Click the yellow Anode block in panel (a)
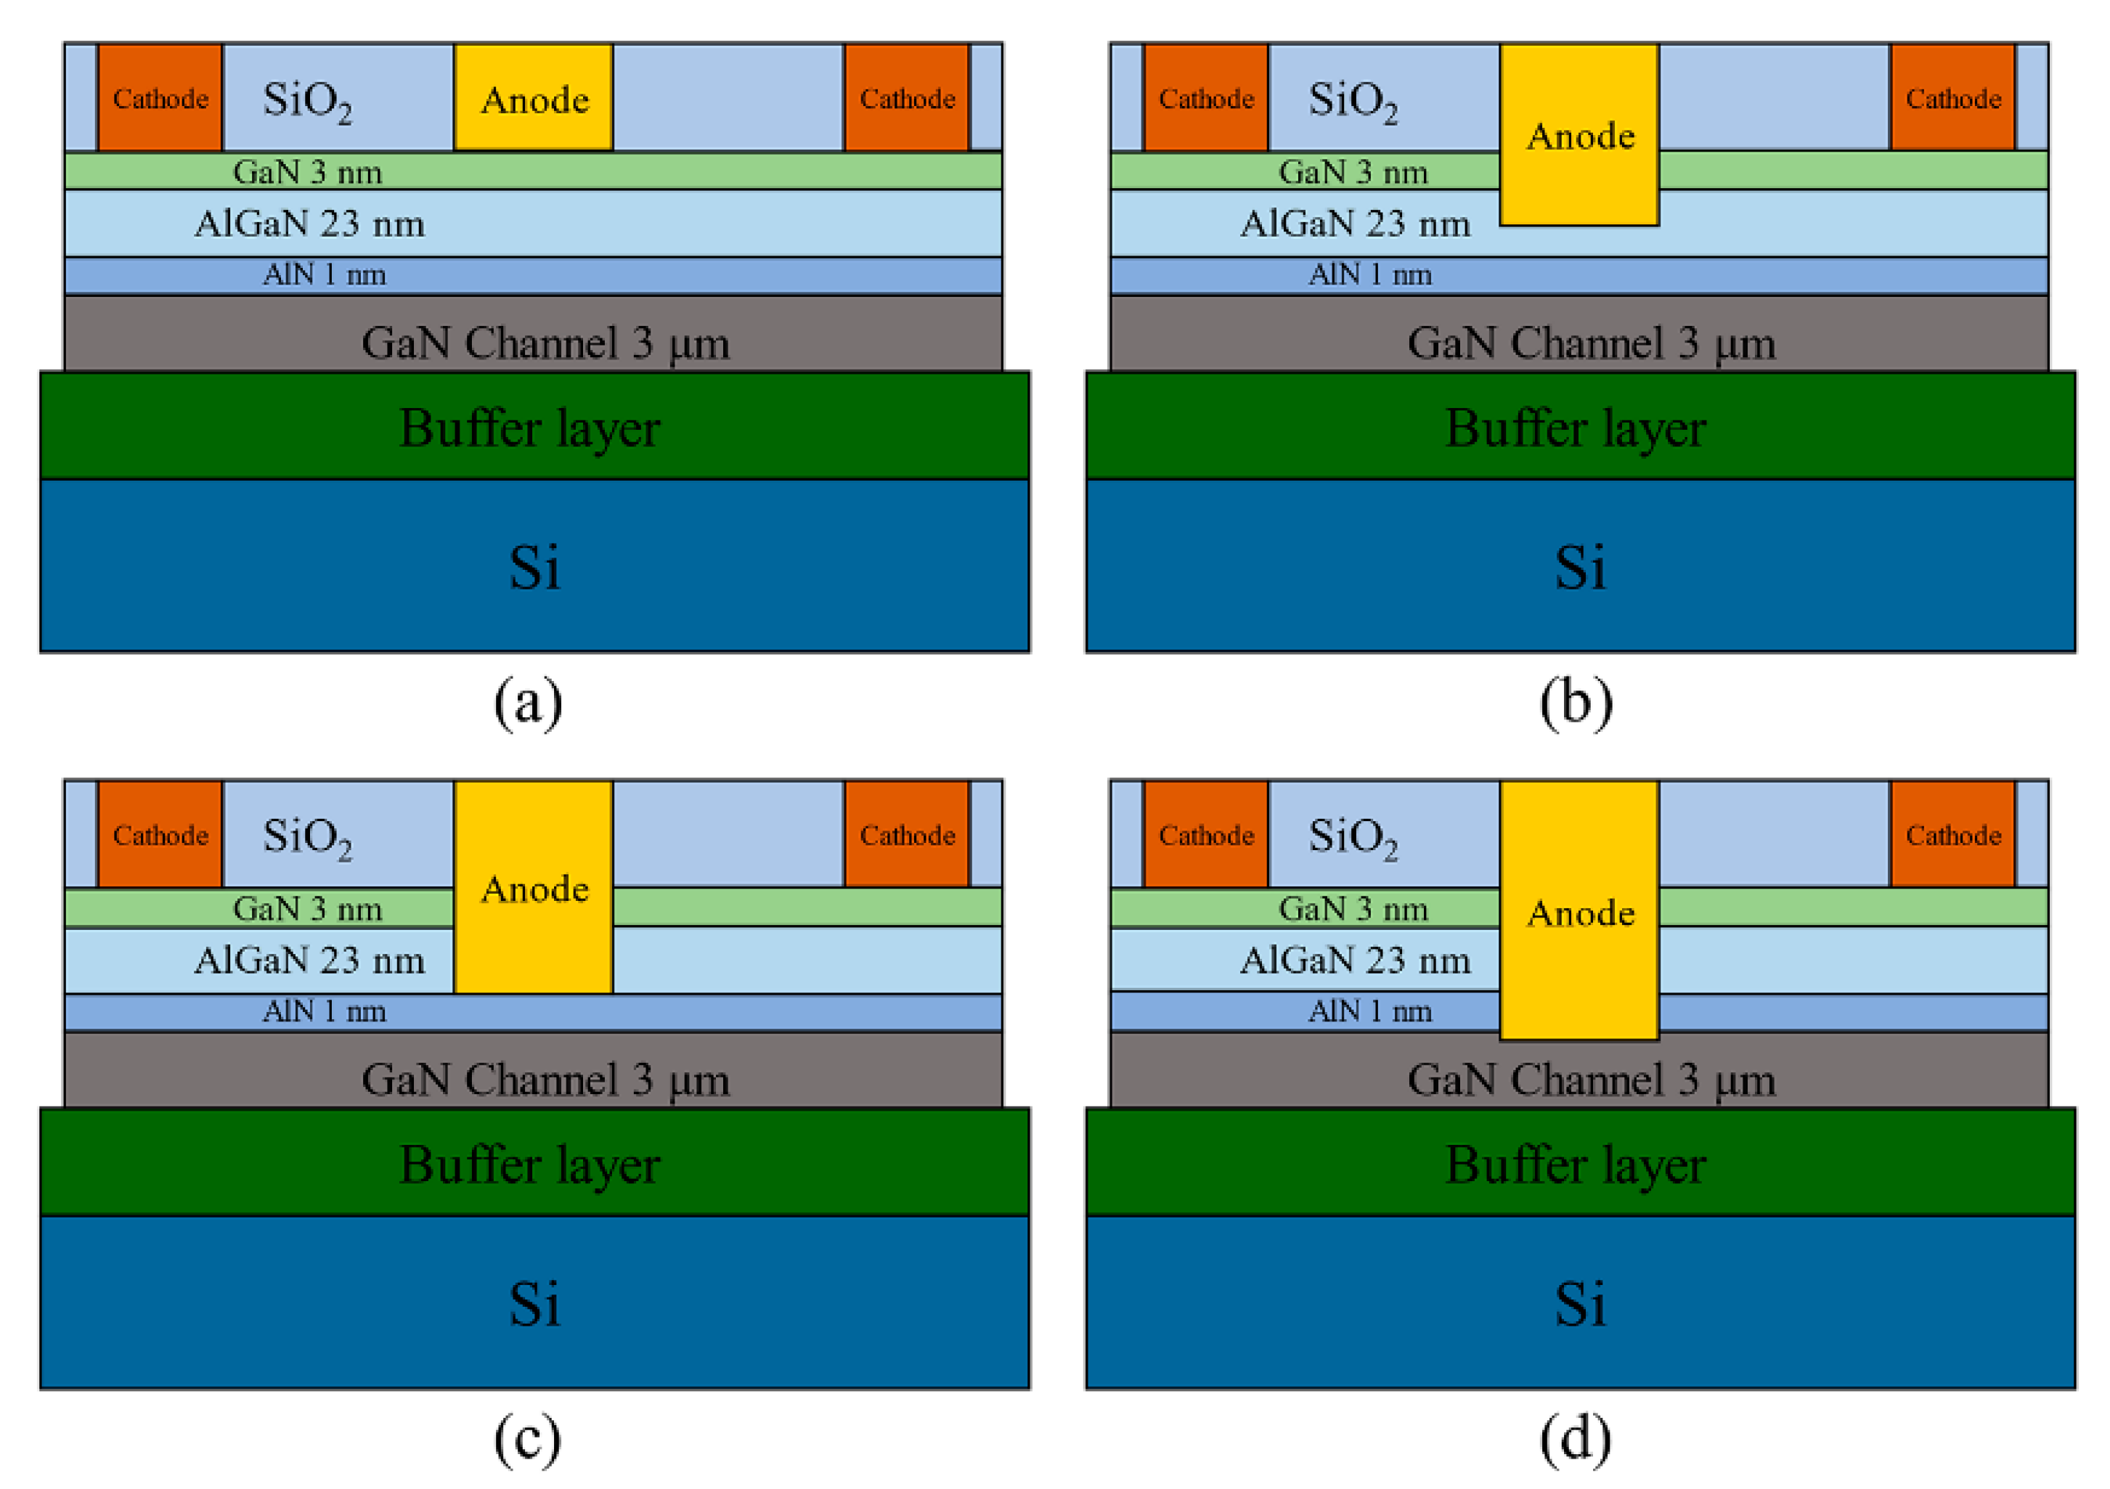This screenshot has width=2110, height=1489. tap(533, 97)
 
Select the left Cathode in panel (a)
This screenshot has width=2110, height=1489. tap(160, 97)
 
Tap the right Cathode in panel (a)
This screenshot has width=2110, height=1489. tap(906, 97)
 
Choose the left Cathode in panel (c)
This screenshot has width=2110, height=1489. tap(160, 833)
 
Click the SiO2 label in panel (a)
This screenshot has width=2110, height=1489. tap(307, 100)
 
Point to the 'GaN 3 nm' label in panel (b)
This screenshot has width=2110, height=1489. tap(1353, 172)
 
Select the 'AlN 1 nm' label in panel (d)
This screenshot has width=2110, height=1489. tap(1369, 1011)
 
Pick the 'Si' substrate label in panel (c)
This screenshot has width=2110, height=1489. tap(534, 1303)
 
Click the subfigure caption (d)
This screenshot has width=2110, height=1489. tap(1575, 1440)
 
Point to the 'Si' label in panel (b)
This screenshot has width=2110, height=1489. tap(1580, 566)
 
